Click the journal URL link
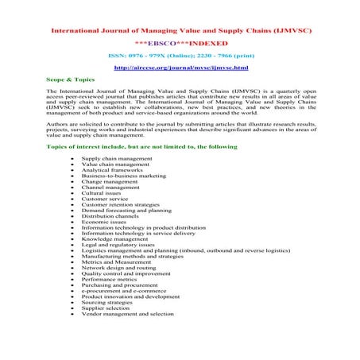click(180, 68)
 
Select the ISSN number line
click(180, 56)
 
